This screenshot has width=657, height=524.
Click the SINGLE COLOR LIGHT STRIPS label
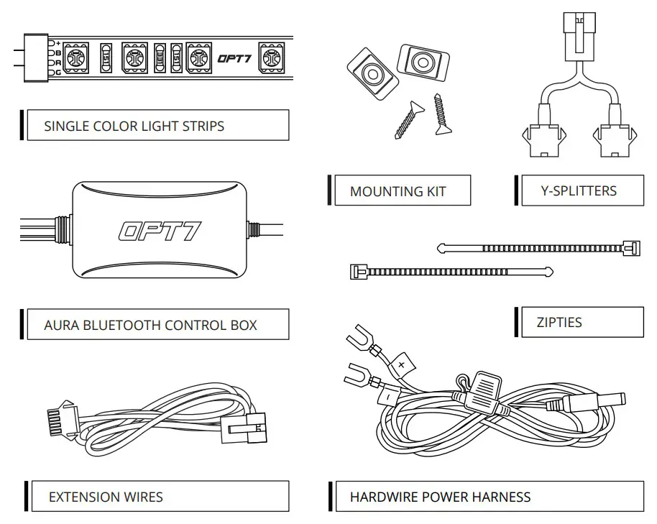tap(134, 127)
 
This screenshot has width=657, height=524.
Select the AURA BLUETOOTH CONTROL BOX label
tap(150, 325)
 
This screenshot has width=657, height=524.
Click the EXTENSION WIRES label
tap(105, 497)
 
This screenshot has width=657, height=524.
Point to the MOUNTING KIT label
tap(398, 191)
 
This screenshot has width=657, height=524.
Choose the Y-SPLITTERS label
tap(578, 190)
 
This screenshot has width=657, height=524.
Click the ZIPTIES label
tap(559, 322)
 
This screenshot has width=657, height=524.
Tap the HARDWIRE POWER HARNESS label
tap(440, 497)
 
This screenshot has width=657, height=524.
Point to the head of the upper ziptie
tap(632, 248)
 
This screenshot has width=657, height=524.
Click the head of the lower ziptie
tap(355, 272)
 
